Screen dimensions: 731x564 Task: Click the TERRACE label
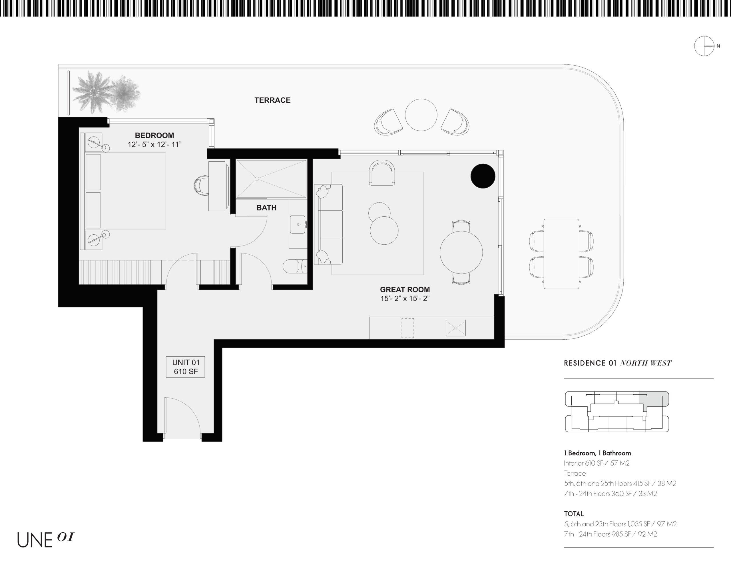pyautogui.click(x=272, y=100)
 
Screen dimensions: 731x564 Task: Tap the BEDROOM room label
pyautogui.click(x=154, y=135)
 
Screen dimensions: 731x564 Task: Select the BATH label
pyautogui.click(x=266, y=208)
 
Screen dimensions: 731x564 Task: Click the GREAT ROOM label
pyautogui.click(x=405, y=289)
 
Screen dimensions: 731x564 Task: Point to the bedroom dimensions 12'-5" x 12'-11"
pyautogui.click(x=154, y=145)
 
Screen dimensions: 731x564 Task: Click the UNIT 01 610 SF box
pyautogui.click(x=185, y=367)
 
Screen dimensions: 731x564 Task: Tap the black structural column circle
pyautogui.click(x=483, y=176)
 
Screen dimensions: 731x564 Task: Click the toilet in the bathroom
pyautogui.click(x=295, y=266)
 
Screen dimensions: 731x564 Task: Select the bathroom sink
pyautogui.click(x=298, y=224)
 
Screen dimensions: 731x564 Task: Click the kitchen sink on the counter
pyautogui.click(x=455, y=328)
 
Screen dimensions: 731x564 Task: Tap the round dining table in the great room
pyautogui.click(x=461, y=252)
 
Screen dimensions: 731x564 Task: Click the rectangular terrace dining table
pyautogui.click(x=561, y=254)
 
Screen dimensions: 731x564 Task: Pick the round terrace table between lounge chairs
pyautogui.click(x=421, y=115)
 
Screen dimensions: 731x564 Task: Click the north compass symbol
pyautogui.click(x=704, y=46)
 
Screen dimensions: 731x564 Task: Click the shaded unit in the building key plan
pyautogui.click(x=654, y=399)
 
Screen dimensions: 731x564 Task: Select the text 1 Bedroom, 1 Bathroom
pyautogui.click(x=597, y=453)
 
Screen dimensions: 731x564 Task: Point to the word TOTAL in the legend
pyautogui.click(x=574, y=514)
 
